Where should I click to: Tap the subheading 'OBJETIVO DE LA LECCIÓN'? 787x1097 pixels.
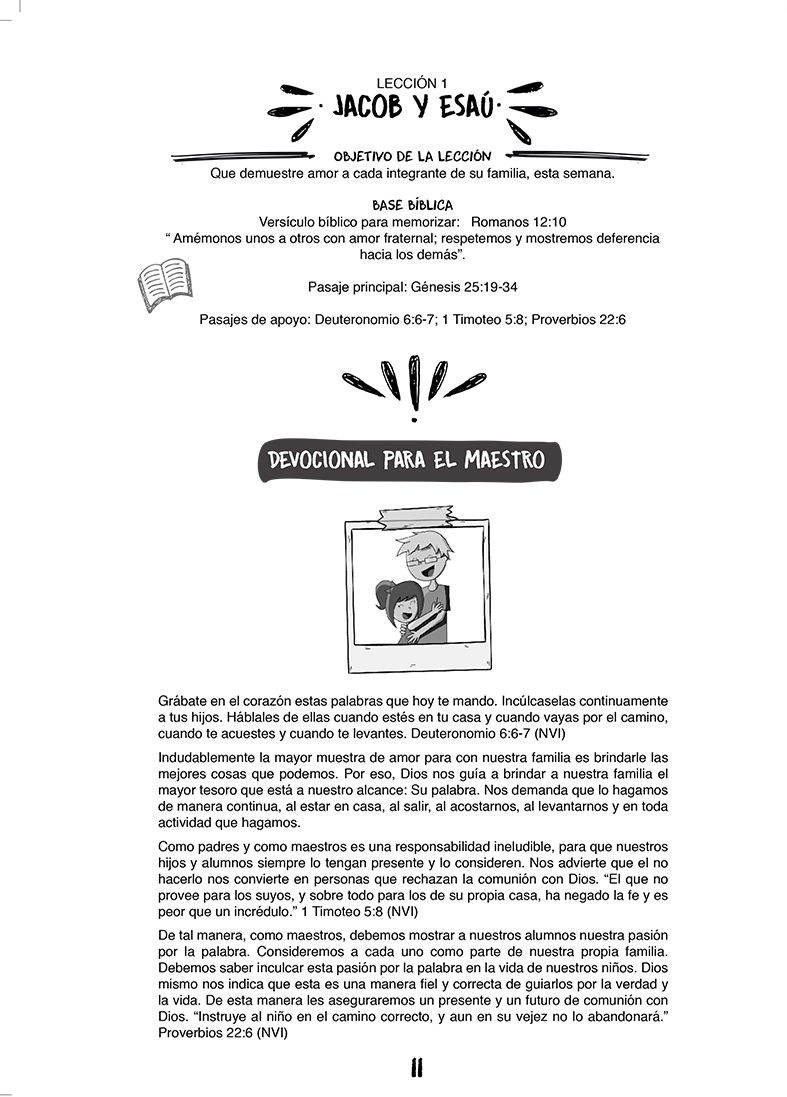pyautogui.click(x=412, y=156)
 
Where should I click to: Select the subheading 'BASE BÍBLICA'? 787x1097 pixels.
pyautogui.click(x=412, y=205)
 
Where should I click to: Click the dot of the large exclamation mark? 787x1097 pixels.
pyautogui.click(x=413, y=421)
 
